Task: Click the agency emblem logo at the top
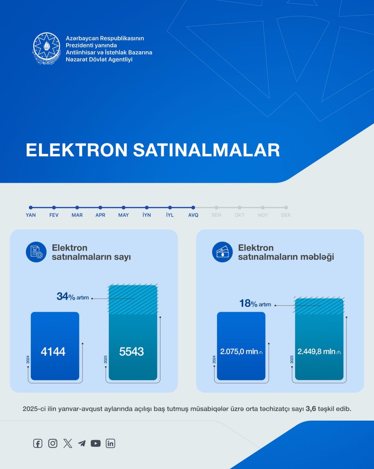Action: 47,48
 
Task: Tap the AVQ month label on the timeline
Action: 193,215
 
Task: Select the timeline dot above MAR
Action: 77,208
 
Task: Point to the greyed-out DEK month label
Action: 286,215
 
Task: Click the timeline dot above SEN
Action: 216,208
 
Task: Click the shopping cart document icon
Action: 36,252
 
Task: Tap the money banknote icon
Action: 222,252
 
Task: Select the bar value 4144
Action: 53,352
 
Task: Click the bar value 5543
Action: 132,352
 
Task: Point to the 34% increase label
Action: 72,296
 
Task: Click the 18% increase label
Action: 255,303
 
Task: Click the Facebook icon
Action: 38,443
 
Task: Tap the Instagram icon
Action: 53,443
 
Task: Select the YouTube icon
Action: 95,443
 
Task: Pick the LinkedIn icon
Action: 110,443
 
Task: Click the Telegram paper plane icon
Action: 82,443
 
